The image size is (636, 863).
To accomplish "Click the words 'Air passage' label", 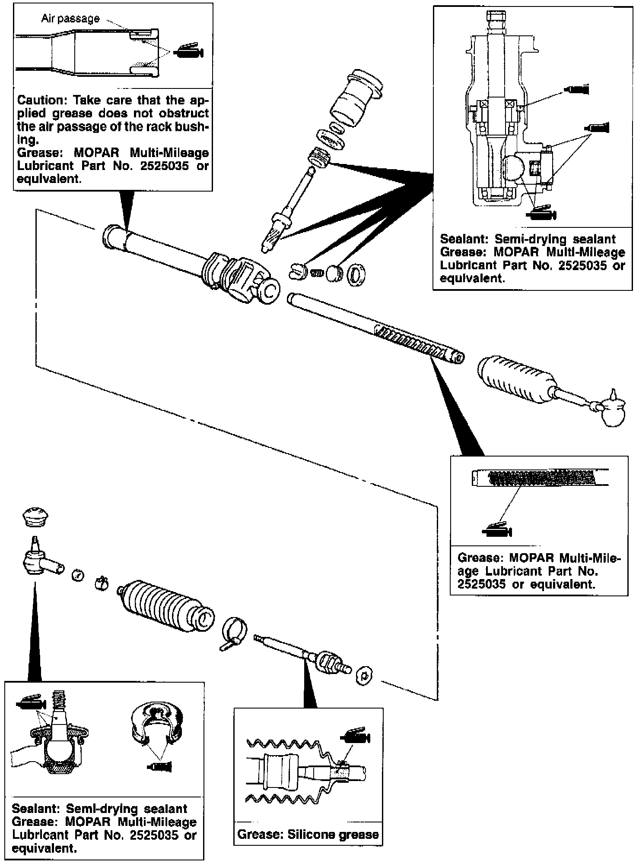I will tap(70, 19).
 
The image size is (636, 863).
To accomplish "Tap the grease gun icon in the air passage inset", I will tap(188, 52).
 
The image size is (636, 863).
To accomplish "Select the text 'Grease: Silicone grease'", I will tap(308, 834).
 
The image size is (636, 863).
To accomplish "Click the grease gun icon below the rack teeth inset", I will tap(497, 530).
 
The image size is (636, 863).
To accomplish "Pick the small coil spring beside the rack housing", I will tap(318, 273).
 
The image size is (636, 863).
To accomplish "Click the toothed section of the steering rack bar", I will tap(410, 342).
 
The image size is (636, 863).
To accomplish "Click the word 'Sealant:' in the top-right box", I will tap(465, 239).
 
